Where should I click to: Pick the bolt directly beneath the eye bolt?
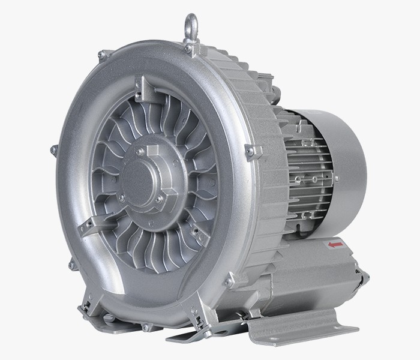pyautogui.click(x=190, y=47)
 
